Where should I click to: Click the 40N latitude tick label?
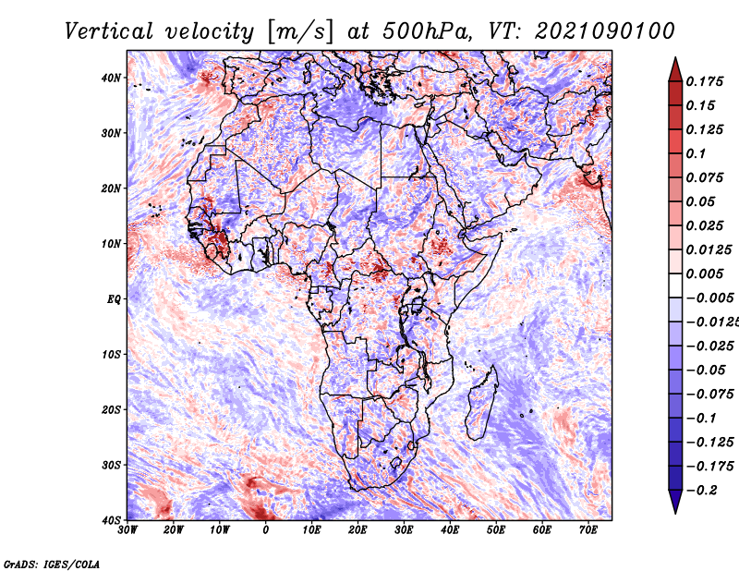tap(111, 78)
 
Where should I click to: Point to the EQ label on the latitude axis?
tap(114, 299)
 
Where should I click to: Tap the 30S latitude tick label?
tap(111, 466)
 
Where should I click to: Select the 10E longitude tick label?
tap(311, 530)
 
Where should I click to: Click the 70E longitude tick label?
tap(588, 530)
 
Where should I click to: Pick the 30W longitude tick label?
tap(127, 530)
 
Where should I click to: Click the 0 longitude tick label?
tap(266, 530)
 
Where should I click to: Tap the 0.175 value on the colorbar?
tap(704, 81)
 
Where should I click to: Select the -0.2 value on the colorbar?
tap(702, 491)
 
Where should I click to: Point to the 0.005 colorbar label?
tap(704, 273)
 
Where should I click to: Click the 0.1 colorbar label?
tap(696, 153)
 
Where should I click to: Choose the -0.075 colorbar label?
tap(709, 395)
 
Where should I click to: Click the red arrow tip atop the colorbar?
tap(675, 58)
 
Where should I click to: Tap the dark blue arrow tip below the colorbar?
tap(675, 513)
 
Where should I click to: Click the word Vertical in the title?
tap(109, 31)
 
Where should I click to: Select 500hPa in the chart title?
tap(426, 31)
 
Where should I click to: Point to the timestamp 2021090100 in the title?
tap(605, 31)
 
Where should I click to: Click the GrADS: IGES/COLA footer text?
tap(52, 564)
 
